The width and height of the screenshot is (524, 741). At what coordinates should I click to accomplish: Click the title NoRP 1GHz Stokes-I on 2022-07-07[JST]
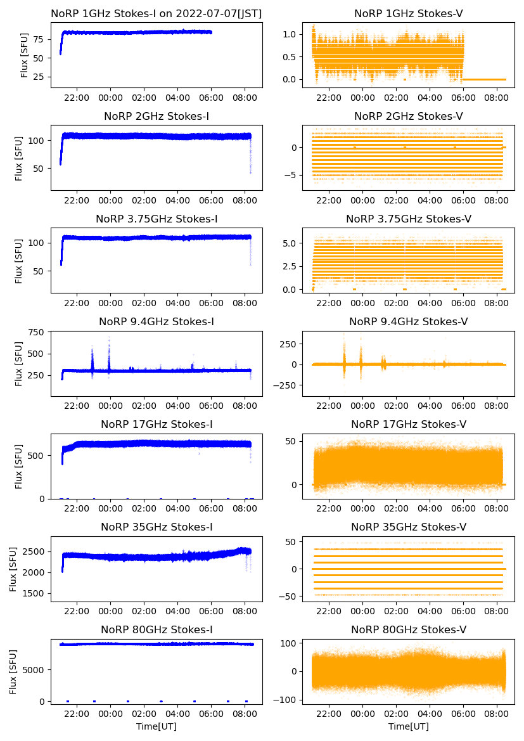[157, 13]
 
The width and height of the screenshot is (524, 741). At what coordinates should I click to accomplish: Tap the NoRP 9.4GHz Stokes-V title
[409, 322]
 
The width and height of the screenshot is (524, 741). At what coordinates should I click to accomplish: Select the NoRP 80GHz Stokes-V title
[409, 630]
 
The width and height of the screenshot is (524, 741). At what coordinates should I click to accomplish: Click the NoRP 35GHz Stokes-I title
[157, 527]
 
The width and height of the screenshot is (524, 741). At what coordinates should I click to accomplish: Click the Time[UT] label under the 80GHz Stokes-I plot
[157, 726]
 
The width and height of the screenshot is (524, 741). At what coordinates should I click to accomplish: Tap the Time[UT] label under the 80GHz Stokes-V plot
[409, 726]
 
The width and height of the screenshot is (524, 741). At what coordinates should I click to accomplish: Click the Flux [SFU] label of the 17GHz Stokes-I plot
[20, 466]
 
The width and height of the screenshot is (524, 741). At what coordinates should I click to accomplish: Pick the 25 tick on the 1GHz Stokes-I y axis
[39, 77]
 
